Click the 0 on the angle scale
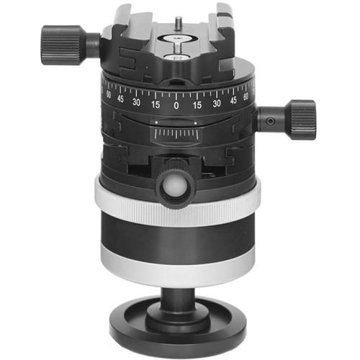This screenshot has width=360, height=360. (x=176, y=105)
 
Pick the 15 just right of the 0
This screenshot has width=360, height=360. (x=197, y=104)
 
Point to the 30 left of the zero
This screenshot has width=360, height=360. (x=135, y=102)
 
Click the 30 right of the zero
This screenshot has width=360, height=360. (x=217, y=102)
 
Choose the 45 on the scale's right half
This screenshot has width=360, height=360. (x=234, y=99)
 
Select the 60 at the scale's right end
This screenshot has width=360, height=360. (x=247, y=94)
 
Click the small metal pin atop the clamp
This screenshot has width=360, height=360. (x=176, y=22)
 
